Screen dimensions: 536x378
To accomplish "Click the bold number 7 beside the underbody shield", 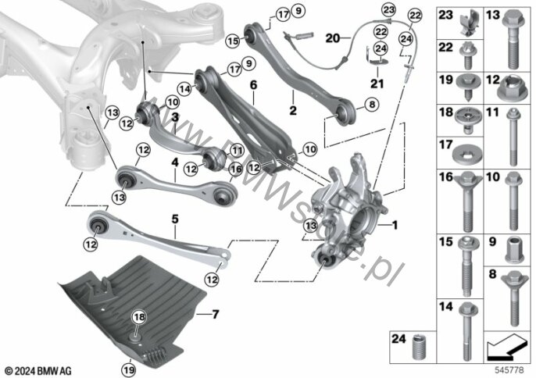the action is pos(215,314).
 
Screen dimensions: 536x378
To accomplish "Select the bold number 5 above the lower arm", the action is pos(175,219).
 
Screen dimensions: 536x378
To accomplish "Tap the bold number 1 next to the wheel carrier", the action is pos(395,225).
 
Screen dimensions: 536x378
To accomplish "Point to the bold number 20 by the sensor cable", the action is pos(333,38).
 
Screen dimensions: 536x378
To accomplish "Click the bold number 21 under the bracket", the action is pos(377,84).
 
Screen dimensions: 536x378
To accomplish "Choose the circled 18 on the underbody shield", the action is pos(139,318).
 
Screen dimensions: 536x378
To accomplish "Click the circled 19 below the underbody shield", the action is pos(129,369).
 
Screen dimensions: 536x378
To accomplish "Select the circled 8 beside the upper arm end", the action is pos(372,104).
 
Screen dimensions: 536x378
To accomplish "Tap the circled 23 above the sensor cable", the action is pos(388,9).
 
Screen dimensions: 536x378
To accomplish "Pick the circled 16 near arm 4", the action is pos(235,169).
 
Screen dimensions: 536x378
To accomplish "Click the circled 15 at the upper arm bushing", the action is pos(233,41).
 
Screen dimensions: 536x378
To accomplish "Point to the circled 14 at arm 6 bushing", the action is pos(184,89).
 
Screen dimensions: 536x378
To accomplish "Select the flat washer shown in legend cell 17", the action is pos(467,156).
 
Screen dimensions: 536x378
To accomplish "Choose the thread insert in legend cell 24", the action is pos(420,347).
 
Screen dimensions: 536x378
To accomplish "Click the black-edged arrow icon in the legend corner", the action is pos(507,347).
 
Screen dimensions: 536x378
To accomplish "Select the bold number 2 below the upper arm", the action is pos(293,110).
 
